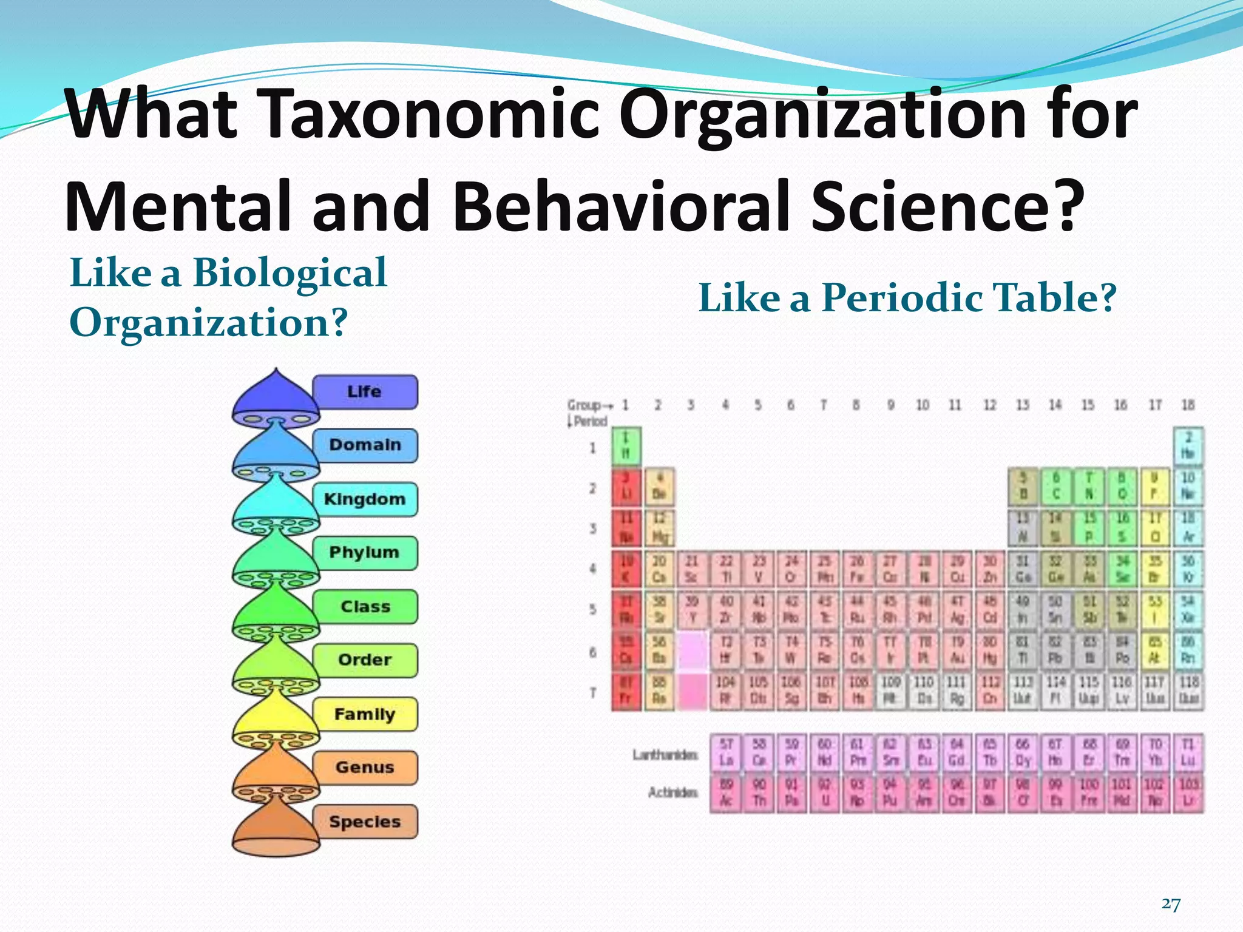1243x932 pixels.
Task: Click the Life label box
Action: pyautogui.click(x=365, y=392)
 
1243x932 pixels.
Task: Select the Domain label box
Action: pyautogui.click(x=365, y=445)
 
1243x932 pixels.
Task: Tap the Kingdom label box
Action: pyautogui.click(x=365, y=499)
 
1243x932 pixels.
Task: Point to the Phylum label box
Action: pyautogui.click(x=365, y=553)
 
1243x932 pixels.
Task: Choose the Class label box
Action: pyautogui.click(x=365, y=607)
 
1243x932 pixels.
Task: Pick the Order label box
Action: pyautogui.click(x=365, y=660)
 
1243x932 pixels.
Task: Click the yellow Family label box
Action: pyautogui.click(x=365, y=714)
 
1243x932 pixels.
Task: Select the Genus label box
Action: pyautogui.click(x=365, y=768)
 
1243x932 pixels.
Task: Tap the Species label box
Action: pyautogui.click(x=365, y=822)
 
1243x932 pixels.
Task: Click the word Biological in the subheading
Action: pyautogui.click(x=290, y=272)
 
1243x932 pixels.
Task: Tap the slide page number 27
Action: pyautogui.click(x=1171, y=904)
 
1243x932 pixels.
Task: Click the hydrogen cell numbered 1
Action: pyautogui.click(x=626, y=445)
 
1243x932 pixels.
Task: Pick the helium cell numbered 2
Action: pyautogui.click(x=1188, y=445)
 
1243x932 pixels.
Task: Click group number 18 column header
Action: pyautogui.click(x=1188, y=405)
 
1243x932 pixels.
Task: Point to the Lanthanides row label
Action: pyautogui.click(x=665, y=755)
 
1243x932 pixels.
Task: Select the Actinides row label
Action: pyautogui.click(x=673, y=792)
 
